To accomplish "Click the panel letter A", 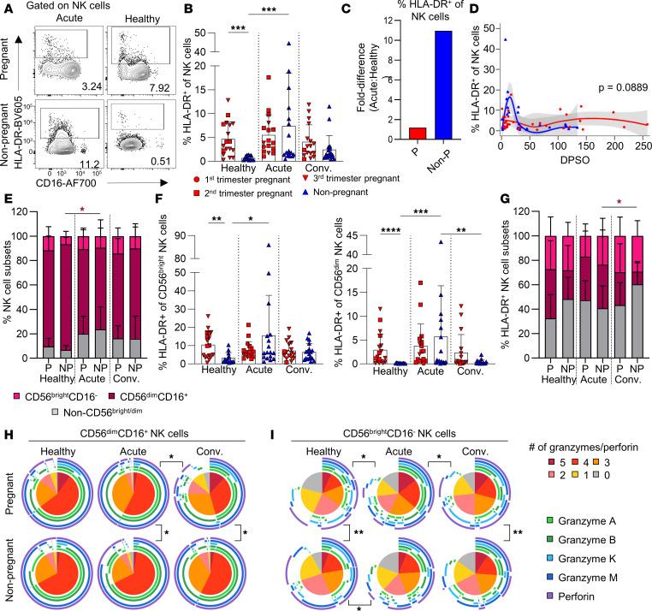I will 7,8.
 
